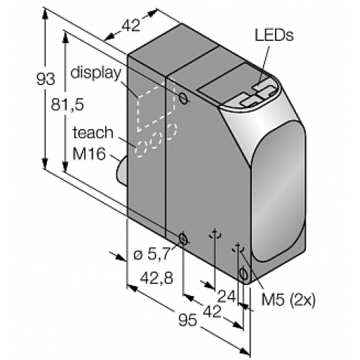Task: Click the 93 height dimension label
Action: pyautogui.click(x=45, y=79)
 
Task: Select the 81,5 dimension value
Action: pyautogui.click(x=68, y=104)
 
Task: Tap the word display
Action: pyautogui.click(x=96, y=73)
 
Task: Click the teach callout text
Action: pyautogui.click(x=93, y=132)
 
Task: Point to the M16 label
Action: pyautogui.click(x=89, y=153)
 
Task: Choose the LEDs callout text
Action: pyautogui.click(x=274, y=35)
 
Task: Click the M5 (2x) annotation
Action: pyautogui.click(x=288, y=300)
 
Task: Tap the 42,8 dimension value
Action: pyautogui.click(x=156, y=278)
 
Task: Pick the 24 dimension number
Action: pyautogui.click(x=227, y=297)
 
